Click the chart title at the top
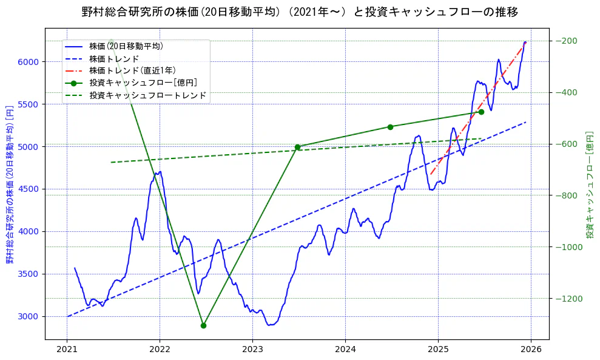coord(300,12)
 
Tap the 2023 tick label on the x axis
coord(252,350)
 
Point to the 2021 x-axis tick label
coord(67,350)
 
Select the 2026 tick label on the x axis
coord(531,350)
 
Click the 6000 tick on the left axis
coord(29,62)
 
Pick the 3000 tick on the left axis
coord(29,316)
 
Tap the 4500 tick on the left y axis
coord(29,189)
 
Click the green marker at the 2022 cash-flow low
coord(203,325)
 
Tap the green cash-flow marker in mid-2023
coord(297,147)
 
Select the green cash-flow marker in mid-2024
coord(390,127)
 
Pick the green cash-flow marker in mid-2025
coord(481,112)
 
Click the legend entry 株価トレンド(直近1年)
coord(132,70)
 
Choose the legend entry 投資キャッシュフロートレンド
coord(147,95)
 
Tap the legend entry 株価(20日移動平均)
coord(126,46)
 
